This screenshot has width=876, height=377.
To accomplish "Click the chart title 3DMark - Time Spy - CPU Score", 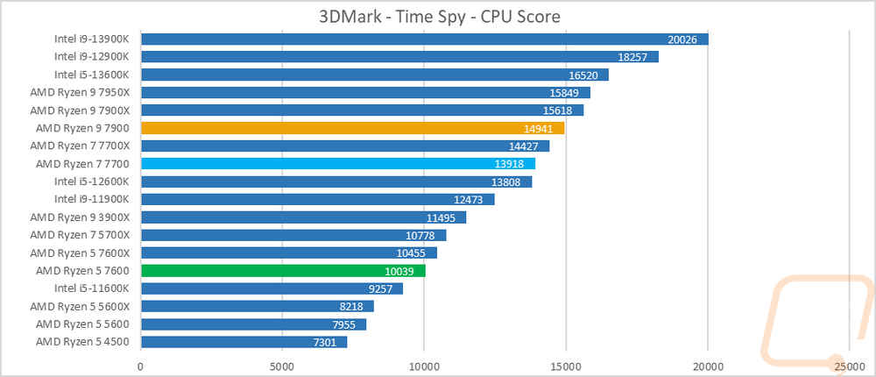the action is pyautogui.click(x=439, y=17).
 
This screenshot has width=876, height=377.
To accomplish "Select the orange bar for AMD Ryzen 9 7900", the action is pyautogui.click(x=353, y=128).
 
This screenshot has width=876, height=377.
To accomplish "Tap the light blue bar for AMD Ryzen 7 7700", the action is pyautogui.click(x=338, y=163).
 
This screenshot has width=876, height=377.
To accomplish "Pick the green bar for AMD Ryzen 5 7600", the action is pyautogui.click(x=283, y=271).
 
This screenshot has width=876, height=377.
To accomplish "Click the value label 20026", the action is pyautogui.click(x=682, y=39).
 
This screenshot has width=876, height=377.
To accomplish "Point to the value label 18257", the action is pyautogui.click(x=632, y=57).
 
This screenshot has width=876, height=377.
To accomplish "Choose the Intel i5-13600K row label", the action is pyautogui.click(x=92, y=75).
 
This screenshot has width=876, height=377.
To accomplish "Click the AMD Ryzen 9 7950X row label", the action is pyautogui.click(x=80, y=92).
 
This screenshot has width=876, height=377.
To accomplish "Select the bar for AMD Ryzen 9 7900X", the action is pyautogui.click(x=363, y=110).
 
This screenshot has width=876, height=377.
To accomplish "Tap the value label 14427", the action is pyautogui.click(x=524, y=146).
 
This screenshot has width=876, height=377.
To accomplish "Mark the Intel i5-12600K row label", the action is pyautogui.click(x=92, y=181).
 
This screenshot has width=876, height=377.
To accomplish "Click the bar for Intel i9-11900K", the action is pyautogui.click(x=318, y=199).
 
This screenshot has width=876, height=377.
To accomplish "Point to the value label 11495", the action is pyautogui.click(x=441, y=217).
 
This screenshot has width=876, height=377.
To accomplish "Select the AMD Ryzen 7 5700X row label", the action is pyautogui.click(x=80, y=235).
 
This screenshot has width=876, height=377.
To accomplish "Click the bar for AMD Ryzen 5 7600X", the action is pyautogui.click(x=289, y=253).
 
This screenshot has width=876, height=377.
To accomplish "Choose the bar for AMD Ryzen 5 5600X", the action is pyautogui.click(x=258, y=307).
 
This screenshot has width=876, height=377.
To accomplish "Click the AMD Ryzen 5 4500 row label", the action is pyautogui.click(x=82, y=342).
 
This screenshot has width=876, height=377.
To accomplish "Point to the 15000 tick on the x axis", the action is pyautogui.click(x=566, y=366).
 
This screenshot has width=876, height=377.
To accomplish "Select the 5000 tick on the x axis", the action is pyautogui.click(x=282, y=366).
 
